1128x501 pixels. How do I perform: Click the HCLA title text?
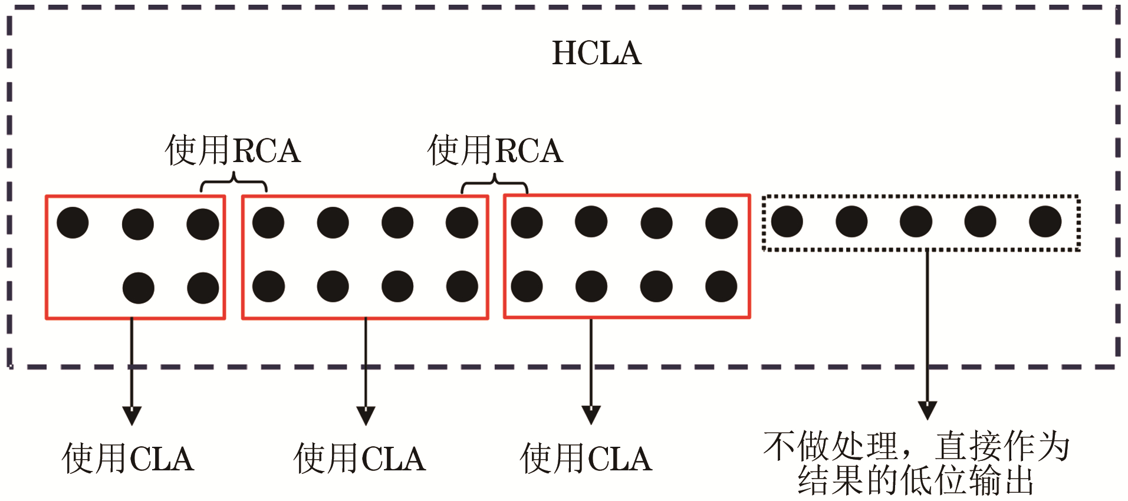coord(596,53)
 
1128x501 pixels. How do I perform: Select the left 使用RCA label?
coord(233,150)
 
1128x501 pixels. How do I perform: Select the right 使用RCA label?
coord(495,150)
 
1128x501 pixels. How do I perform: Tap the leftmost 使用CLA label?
coord(128,459)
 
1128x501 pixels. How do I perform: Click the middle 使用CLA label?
coord(360,459)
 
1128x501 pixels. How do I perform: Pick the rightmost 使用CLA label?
coord(586,459)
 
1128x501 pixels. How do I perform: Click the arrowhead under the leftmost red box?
coord(131,415)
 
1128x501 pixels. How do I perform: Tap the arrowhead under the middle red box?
coord(366,415)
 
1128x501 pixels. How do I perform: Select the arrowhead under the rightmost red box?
coord(591,414)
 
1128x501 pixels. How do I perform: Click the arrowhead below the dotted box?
coord(928,410)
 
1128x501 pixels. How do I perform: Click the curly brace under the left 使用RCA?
coord(234,182)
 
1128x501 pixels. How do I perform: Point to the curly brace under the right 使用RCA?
coord(494,183)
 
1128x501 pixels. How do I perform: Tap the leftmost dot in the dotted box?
coord(787,222)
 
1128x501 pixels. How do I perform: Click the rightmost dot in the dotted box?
coord(1045,222)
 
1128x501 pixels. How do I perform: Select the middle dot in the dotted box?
coord(916,222)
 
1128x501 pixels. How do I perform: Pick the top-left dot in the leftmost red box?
coord(73,223)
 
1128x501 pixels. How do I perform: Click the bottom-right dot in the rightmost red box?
coord(721,286)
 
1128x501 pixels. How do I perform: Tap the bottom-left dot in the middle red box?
coord(268,286)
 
